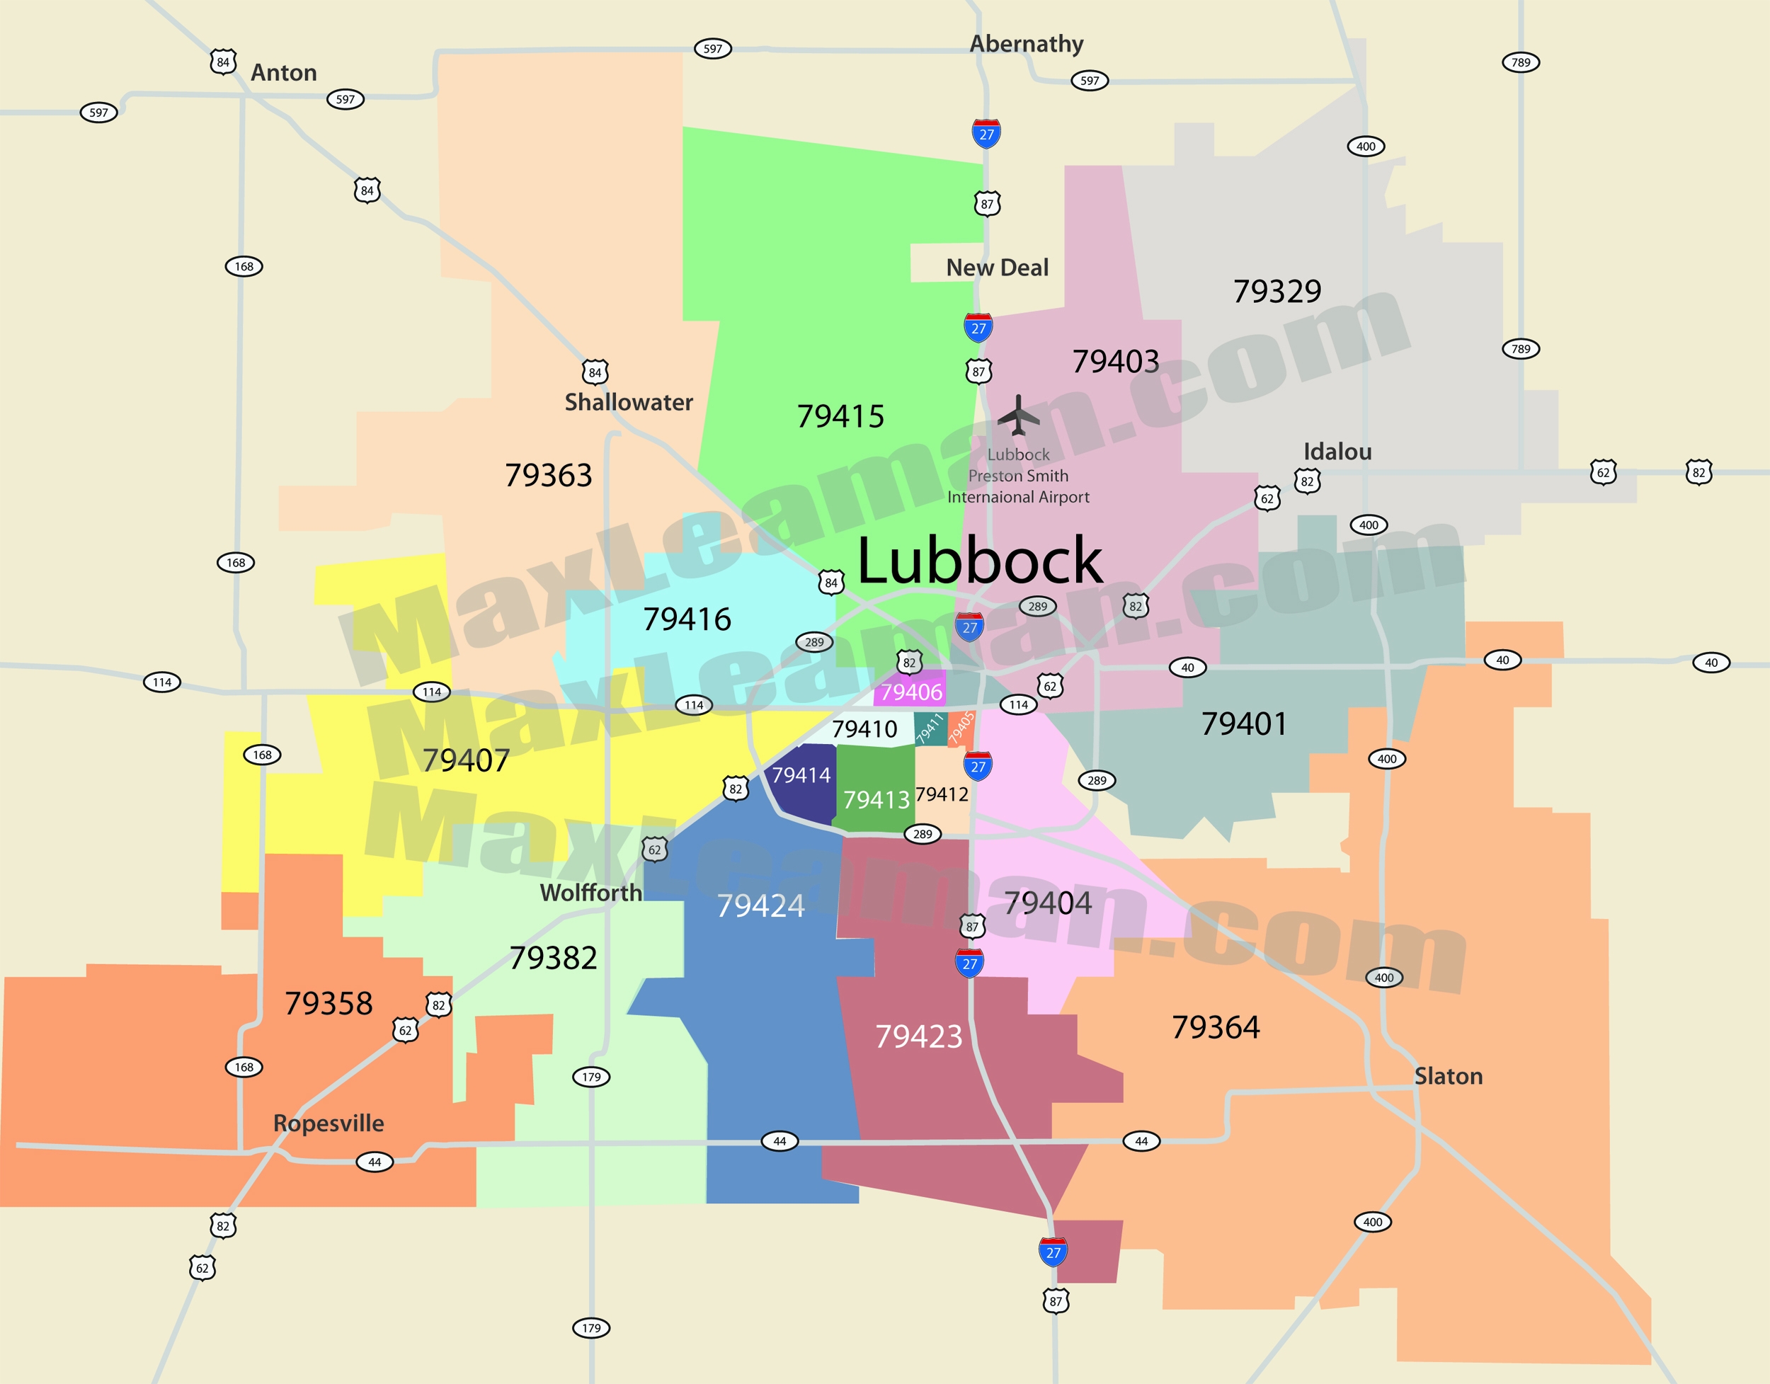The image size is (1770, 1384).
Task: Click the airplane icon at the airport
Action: click(1018, 415)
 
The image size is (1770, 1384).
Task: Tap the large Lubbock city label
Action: click(979, 561)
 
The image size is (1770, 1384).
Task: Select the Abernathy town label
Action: click(1026, 44)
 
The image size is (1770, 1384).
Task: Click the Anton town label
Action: click(284, 73)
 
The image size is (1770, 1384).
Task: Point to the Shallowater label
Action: click(628, 403)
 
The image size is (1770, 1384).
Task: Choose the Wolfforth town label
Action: click(590, 893)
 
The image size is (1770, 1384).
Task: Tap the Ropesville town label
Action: click(329, 1123)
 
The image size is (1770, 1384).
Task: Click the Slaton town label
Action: click(1449, 1076)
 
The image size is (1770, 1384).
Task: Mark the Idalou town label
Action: click(1337, 452)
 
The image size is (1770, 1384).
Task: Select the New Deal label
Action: click(997, 268)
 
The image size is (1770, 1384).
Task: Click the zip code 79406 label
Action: click(912, 692)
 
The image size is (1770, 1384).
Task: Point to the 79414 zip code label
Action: click(801, 775)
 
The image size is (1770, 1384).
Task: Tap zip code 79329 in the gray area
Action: click(1277, 292)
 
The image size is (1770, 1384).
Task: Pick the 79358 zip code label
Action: click(329, 1004)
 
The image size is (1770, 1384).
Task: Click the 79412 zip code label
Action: click(942, 794)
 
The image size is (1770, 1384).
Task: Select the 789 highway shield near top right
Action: click(1520, 62)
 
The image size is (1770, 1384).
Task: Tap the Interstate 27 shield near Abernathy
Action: click(986, 134)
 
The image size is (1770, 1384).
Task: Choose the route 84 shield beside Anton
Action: click(223, 62)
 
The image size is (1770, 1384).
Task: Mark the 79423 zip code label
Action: click(918, 1037)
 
